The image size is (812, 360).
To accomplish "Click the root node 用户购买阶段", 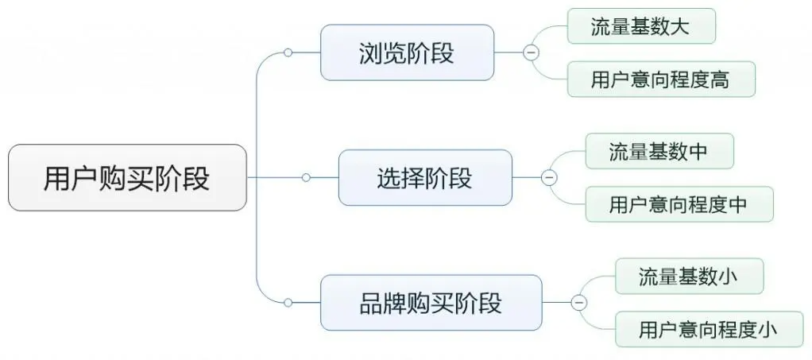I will coord(127,177).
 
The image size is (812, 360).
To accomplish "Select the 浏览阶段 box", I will coord(406,52).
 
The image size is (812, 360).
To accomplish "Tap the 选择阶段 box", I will coord(424,177).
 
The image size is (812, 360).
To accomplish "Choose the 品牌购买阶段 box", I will coord(431,303).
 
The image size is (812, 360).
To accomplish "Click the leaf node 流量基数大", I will coord(640,26).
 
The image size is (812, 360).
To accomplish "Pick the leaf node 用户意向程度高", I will coord(660,79).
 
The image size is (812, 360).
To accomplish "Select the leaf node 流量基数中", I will coord(659,151).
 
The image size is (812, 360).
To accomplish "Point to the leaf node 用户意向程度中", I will coord(679,204).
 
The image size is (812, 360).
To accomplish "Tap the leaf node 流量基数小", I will coord(689,276).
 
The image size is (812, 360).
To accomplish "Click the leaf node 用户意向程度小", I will coord(709,329).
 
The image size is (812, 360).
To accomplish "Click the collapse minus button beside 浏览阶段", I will coord(530,52).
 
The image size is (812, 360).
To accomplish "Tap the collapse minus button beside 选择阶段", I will coord(548,177).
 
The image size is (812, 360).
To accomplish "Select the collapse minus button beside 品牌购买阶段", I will coord(578,303).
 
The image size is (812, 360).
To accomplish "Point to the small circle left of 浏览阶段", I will coord(288,52).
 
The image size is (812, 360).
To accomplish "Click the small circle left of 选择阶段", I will coord(306,177).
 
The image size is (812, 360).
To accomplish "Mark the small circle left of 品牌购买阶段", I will coord(288,303).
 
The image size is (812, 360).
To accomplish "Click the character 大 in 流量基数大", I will coord(680,26).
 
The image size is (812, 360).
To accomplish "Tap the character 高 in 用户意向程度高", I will coord(720,79).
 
